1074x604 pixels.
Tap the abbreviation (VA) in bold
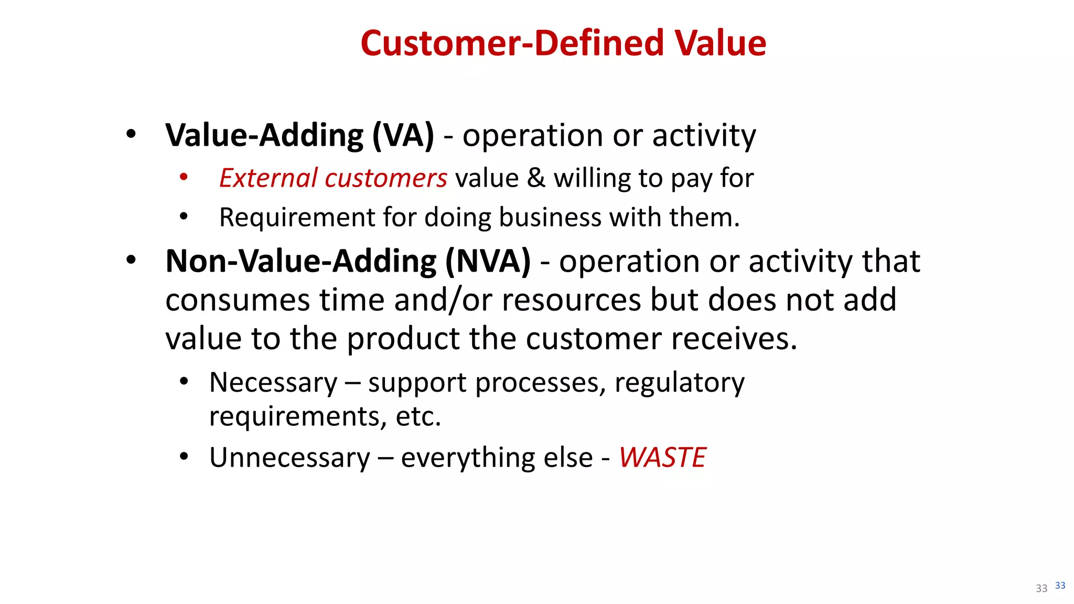click(403, 135)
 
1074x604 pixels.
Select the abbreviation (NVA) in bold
click(488, 261)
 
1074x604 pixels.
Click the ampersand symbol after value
click(536, 178)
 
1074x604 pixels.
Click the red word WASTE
click(662, 457)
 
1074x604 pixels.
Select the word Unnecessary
click(289, 457)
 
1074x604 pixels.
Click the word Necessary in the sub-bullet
click(273, 382)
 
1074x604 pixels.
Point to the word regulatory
click(679, 382)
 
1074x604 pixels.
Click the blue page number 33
click(1060, 585)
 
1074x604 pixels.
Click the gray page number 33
click(1041, 588)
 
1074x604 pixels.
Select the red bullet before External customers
click(184, 177)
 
